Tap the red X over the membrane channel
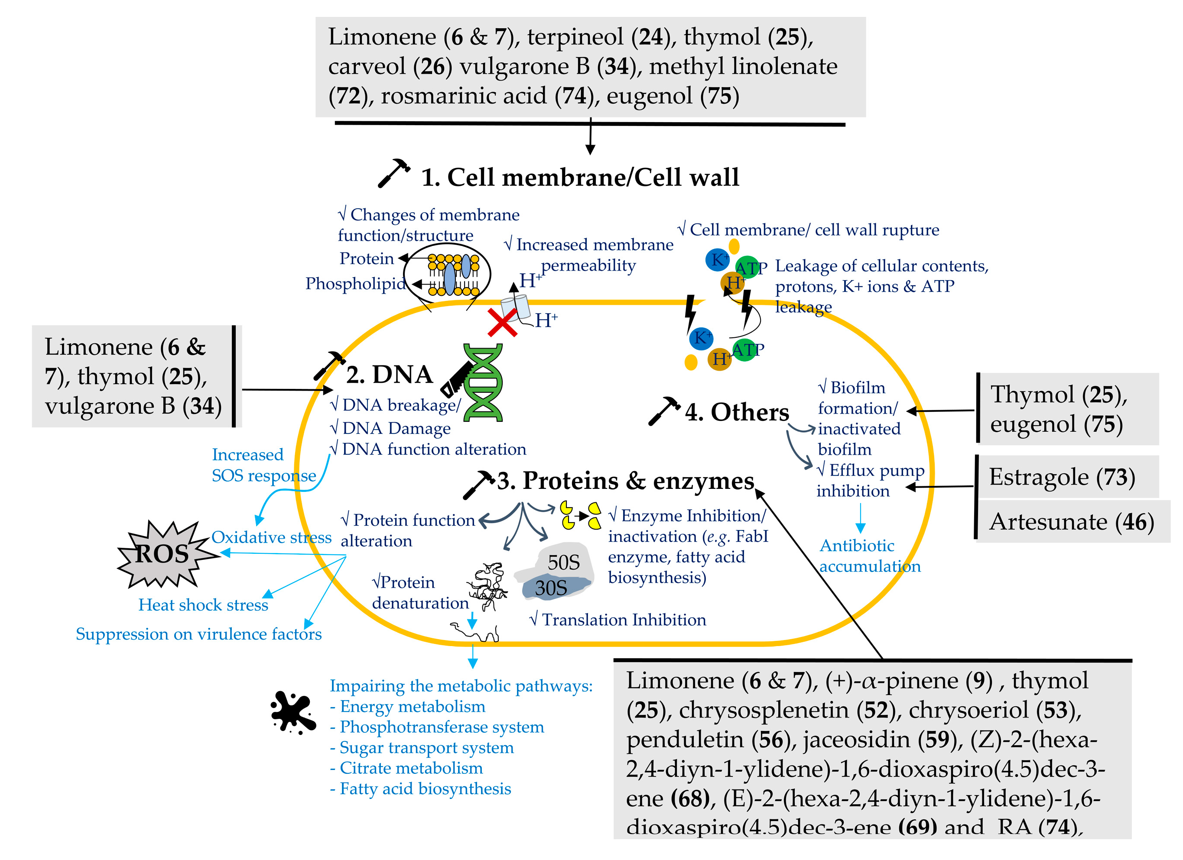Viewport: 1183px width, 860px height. click(502, 322)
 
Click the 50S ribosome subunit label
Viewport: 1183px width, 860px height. click(563, 563)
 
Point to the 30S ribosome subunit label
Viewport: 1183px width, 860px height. click(551, 588)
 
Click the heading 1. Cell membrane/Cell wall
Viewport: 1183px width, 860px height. click(580, 177)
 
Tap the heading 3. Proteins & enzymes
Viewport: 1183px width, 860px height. click(625, 481)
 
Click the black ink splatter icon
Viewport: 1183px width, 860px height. click(292, 712)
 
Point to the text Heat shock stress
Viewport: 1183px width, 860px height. click(203, 605)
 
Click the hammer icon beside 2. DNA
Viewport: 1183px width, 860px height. click(328, 365)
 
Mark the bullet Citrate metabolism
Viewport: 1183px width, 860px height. click(407, 768)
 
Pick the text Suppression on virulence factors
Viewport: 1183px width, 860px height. click(199, 634)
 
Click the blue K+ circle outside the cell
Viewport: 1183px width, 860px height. click(718, 259)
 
